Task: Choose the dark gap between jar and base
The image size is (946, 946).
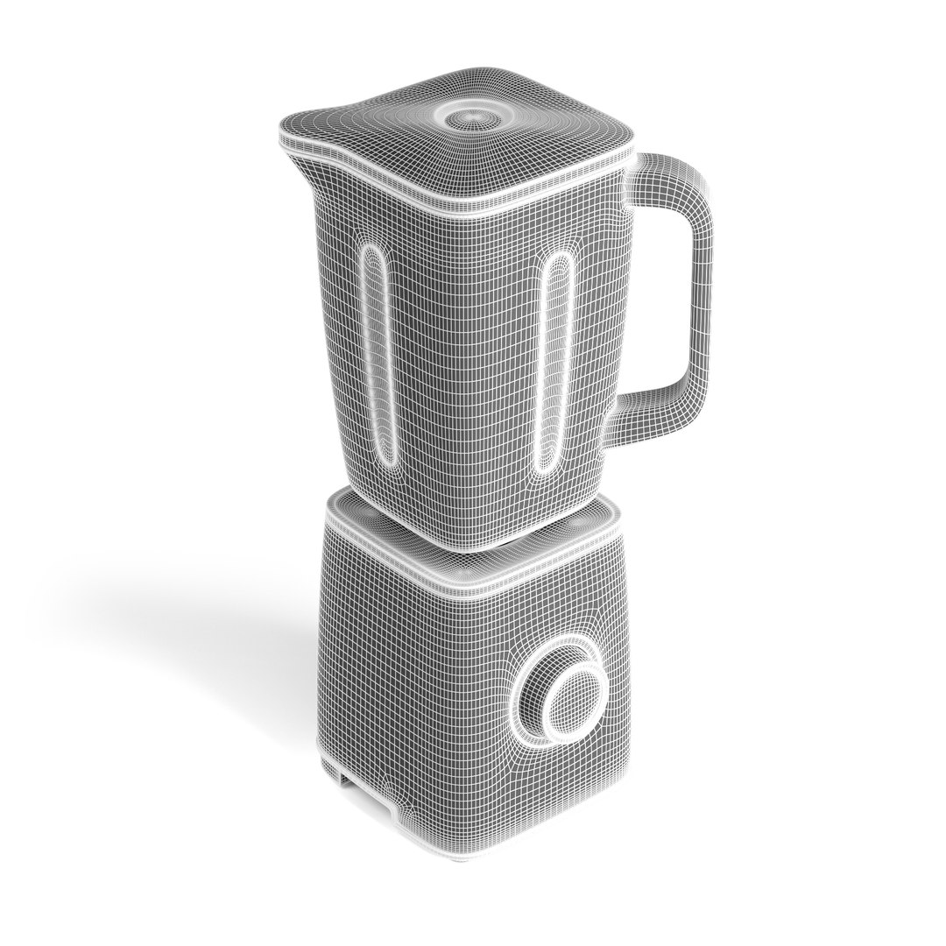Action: pyautogui.click(x=491, y=547)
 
